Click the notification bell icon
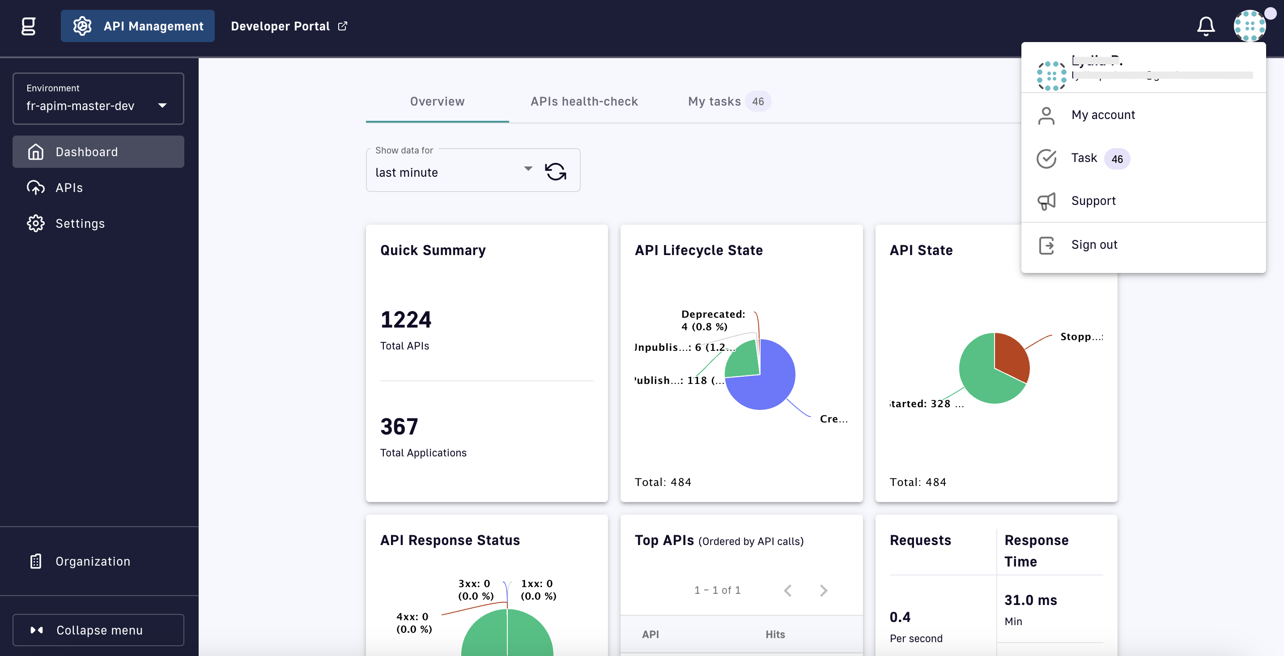1205,26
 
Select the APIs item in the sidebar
69,188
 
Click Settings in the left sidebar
80,224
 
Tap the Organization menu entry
93,561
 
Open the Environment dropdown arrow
162,106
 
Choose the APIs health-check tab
584,102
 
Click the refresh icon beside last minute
555,172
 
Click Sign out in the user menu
1094,245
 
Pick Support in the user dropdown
1093,201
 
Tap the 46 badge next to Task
1117,159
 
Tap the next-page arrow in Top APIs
824,591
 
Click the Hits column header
774,635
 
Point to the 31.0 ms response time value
1030,600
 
